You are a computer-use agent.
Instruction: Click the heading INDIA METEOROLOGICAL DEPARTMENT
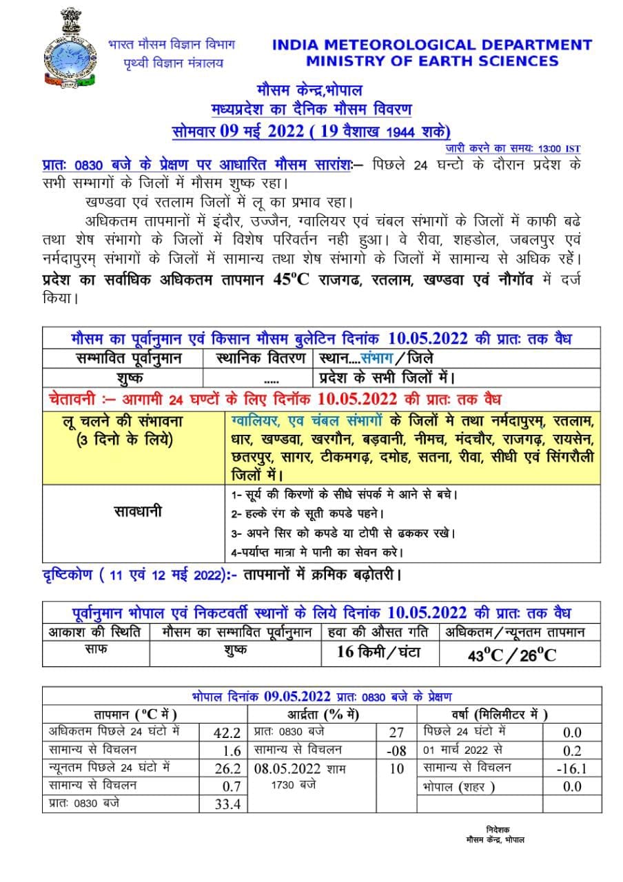click(x=432, y=45)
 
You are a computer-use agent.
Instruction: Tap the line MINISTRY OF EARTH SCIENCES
click(x=432, y=61)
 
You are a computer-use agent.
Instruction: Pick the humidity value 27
click(x=396, y=732)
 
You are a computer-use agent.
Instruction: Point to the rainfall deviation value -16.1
click(x=572, y=768)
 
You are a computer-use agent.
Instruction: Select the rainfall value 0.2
click(x=572, y=750)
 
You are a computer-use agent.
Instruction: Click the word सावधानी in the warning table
click(x=136, y=512)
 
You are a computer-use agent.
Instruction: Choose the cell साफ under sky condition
click(x=96, y=649)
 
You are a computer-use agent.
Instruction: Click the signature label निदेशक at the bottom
click(x=498, y=830)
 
